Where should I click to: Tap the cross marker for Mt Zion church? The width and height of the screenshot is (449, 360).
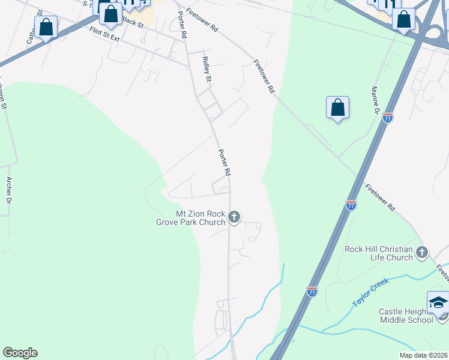click(234, 217)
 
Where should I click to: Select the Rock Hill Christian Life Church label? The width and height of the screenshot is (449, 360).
click(378, 253)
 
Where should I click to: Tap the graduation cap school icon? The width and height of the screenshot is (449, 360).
click(438, 302)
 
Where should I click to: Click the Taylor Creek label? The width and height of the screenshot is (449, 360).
click(370, 292)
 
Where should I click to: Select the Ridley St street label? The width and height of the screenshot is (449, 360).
click(207, 69)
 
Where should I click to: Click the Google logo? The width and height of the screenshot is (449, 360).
click(20, 353)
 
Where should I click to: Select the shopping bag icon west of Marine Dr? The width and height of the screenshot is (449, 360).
click(338, 107)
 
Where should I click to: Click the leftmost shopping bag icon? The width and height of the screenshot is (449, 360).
click(46, 27)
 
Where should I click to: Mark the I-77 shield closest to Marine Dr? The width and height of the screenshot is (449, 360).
click(388, 118)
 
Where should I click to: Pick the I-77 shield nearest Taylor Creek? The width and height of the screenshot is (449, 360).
click(312, 291)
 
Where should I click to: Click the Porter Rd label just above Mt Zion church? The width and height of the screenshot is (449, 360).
click(224, 162)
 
